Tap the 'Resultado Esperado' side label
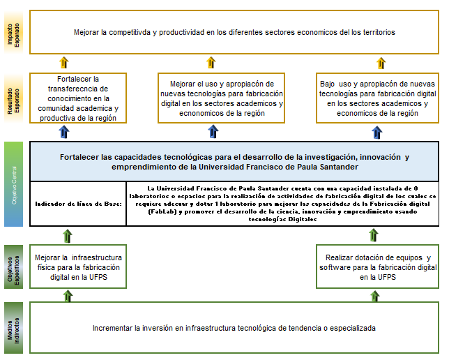point(14,97)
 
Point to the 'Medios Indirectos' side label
point(14,327)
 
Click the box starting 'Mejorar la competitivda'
point(234,32)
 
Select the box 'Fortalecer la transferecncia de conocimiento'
point(77,98)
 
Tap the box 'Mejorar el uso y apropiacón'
point(222,98)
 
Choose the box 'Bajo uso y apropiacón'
point(377,98)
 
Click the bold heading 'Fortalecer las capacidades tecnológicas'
point(234,162)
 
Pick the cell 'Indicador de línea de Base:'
point(78,204)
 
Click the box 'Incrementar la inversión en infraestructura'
point(234,327)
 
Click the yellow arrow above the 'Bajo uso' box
point(381,63)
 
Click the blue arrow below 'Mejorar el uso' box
point(222,132)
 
